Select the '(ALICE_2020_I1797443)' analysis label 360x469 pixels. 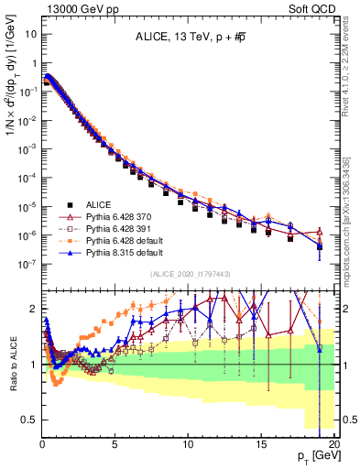point(190,273)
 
